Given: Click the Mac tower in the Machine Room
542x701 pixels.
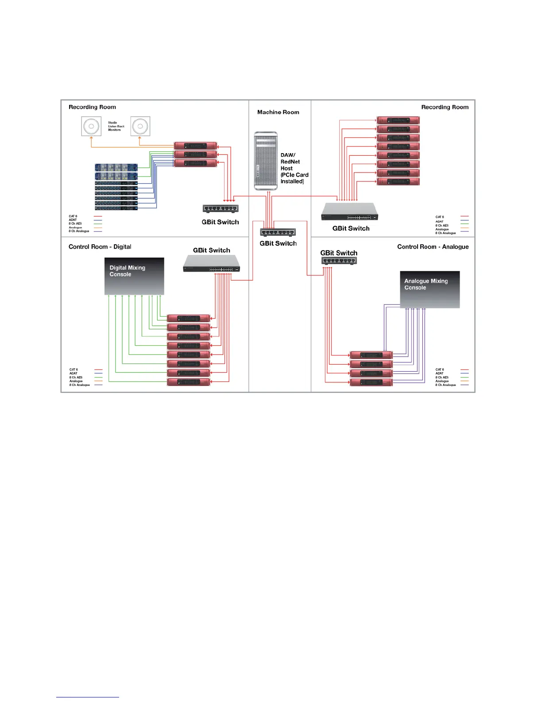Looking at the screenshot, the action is [x=266, y=161].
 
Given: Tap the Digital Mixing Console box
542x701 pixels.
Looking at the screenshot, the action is [x=134, y=276].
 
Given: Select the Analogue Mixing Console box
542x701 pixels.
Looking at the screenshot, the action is [x=430, y=289].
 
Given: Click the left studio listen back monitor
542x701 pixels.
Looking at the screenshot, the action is [x=91, y=126].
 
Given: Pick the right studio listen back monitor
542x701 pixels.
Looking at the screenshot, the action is [x=140, y=126].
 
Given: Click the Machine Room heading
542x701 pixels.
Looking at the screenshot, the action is [x=278, y=112].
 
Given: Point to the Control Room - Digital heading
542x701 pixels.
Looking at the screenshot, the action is [x=100, y=247].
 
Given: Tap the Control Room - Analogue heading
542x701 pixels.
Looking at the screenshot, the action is [x=433, y=247].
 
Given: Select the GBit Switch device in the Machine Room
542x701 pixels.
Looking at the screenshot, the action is [x=278, y=232].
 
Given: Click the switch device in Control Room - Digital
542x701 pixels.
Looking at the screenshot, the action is [x=212, y=264].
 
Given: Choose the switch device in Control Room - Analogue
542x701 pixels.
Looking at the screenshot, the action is [x=339, y=261].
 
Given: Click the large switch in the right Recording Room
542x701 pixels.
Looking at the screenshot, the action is [x=349, y=212].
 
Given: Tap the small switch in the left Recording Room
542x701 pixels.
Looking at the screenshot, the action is [x=221, y=208].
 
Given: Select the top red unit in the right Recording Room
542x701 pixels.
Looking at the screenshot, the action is [x=398, y=120].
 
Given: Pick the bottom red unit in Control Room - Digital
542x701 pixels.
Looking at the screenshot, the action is [x=189, y=382].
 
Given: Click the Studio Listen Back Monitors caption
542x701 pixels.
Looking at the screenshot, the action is [x=116, y=126].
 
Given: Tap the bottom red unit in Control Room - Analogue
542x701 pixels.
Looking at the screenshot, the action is [x=371, y=382].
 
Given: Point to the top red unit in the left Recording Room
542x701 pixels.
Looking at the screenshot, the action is [x=195, y=146].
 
